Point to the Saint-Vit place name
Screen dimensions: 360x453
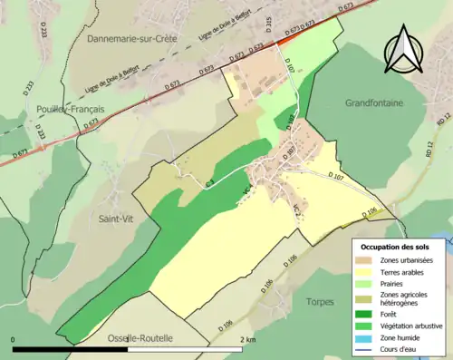[x=118, y=219]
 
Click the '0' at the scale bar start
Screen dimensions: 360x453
[x=14, y=339]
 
